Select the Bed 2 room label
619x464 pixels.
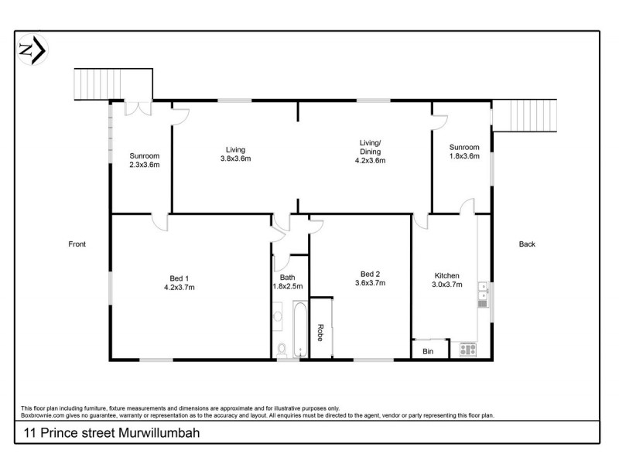coord(370,278)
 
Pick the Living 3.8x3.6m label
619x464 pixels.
coord(235,154)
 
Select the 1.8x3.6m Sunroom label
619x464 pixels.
coord(464,152)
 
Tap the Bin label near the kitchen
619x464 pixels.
coord(428,351)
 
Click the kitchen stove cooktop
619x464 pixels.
coord(467,350)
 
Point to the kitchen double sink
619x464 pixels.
coord(483,294)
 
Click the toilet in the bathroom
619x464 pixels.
coord(282,350)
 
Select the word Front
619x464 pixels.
coord(77,244)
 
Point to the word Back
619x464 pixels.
coord(527,244)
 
